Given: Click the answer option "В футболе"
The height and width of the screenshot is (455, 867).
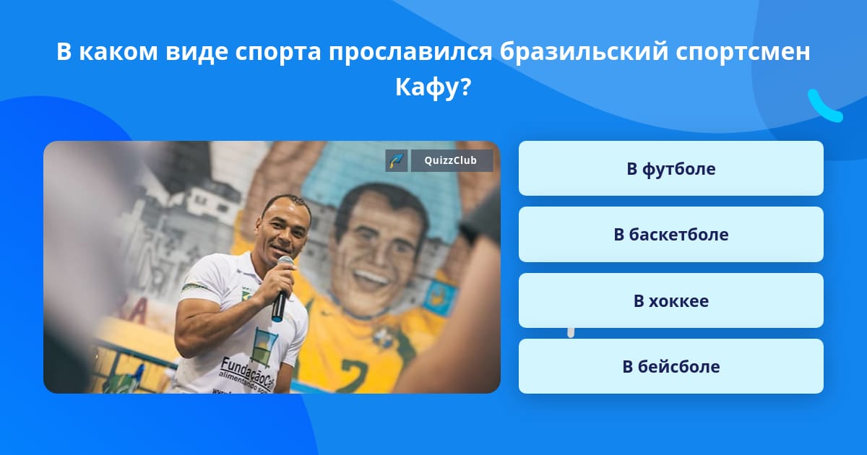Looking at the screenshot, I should (670, 168).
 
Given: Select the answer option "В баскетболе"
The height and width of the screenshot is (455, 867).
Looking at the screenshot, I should (670, 235).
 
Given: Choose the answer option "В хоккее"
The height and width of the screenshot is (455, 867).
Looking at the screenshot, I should (670, 300).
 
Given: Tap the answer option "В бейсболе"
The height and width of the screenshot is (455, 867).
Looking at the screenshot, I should (670, 366).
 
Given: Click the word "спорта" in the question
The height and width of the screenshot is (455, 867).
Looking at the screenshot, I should (276, 53).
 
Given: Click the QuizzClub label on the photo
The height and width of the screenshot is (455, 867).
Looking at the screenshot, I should (452, 160).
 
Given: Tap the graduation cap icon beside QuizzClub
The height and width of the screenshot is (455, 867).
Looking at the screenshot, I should (397, 160).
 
